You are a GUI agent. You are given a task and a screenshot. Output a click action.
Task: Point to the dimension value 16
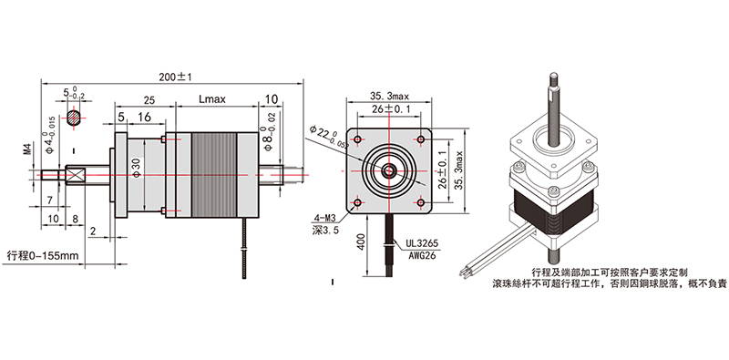pos(144,118)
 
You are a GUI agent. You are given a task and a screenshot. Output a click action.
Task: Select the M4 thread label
pos(26,147)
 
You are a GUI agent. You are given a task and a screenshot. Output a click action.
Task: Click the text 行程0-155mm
pos(43,254)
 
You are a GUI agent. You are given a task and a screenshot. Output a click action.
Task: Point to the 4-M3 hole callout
pos(325,218)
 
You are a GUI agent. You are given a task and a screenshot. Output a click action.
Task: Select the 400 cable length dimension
pos(362,243)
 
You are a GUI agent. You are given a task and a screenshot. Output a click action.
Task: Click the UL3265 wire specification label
pos(422,245)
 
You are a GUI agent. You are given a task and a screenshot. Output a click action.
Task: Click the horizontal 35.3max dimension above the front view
pos(390,95)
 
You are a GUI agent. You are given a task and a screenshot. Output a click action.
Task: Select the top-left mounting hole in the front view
pos(357,140)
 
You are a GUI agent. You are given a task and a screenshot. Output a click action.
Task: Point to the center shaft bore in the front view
pos(389,170)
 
